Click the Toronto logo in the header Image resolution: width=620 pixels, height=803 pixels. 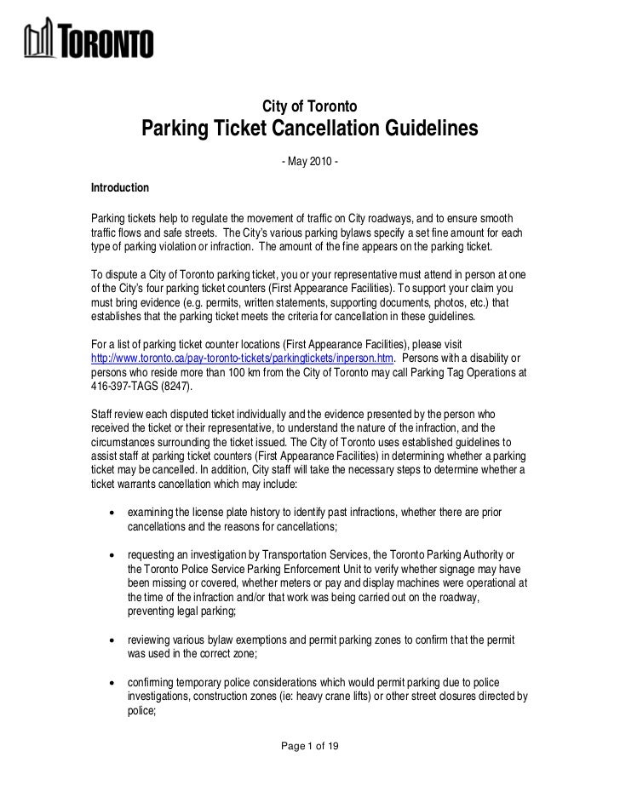click(89, 41)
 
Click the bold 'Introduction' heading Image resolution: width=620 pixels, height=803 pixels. click(119, 186)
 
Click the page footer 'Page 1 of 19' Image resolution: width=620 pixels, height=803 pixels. click(310, 746)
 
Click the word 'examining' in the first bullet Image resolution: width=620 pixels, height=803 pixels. click(152, 513)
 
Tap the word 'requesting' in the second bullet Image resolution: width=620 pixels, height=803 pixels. click(152, 554)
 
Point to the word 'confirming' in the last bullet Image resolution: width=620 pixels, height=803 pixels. click(153, 681)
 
